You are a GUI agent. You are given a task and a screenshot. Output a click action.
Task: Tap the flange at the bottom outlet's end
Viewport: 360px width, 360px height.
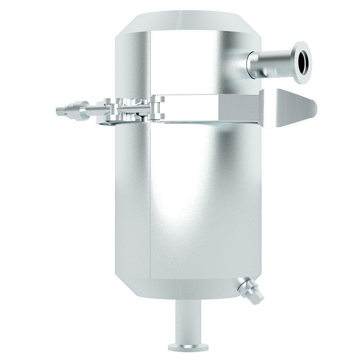(x=188, y=346)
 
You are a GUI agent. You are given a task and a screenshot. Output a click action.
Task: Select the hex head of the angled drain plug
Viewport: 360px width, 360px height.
(x=256, y=297)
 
